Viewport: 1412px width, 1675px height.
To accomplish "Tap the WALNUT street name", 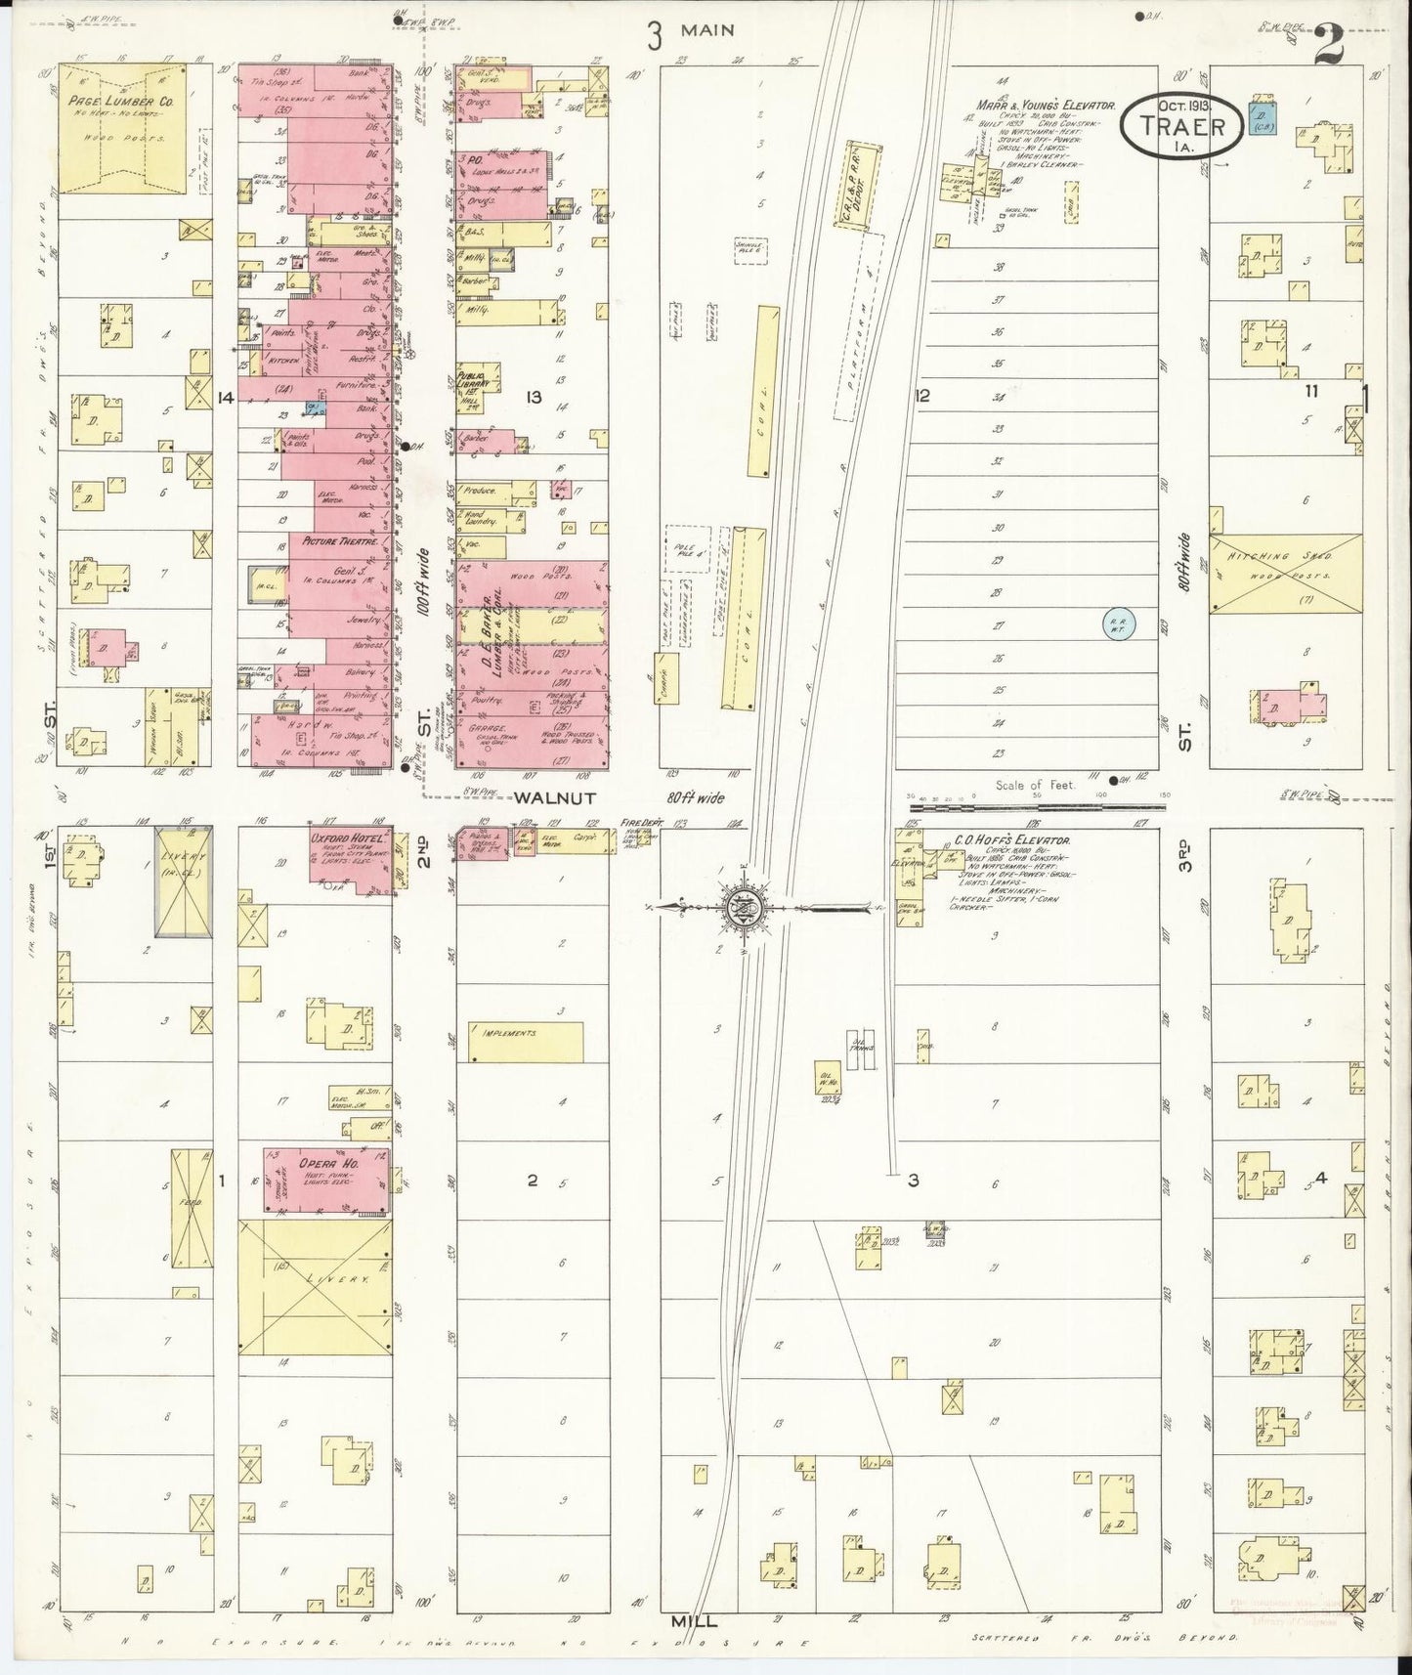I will click(548, 798).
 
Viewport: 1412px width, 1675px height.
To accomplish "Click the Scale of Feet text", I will click(1036, 784).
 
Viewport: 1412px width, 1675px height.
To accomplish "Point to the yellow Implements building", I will click(525, 1043).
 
